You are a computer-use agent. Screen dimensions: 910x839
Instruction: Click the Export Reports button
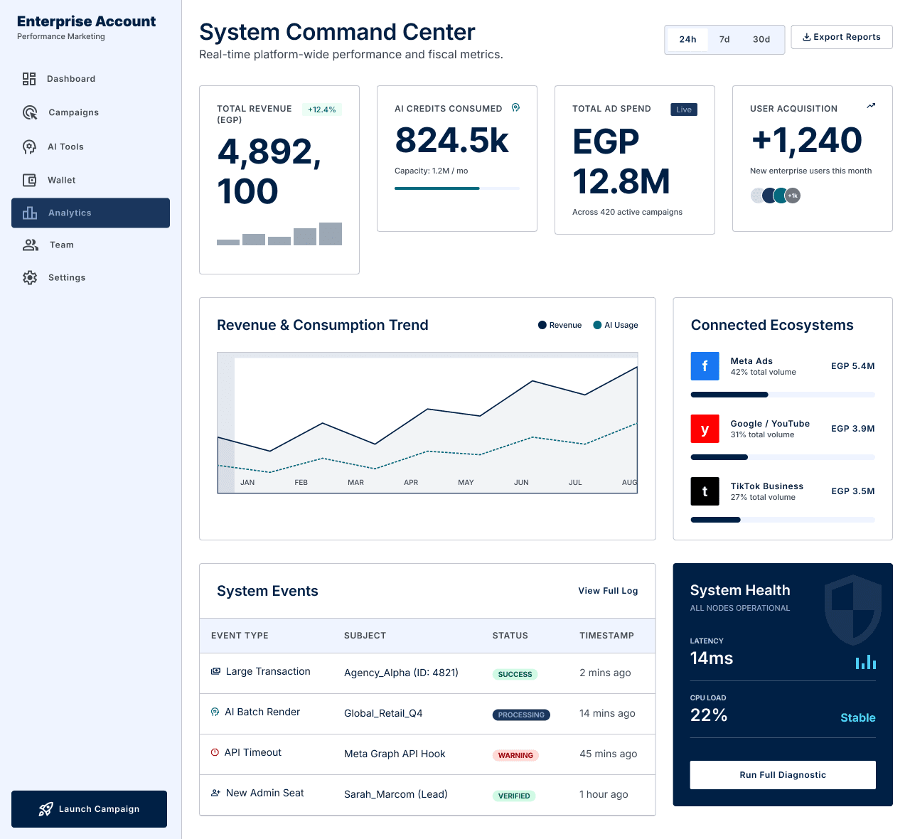tap(841, 37)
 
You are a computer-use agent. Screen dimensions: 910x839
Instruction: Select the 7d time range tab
tap(724, 39)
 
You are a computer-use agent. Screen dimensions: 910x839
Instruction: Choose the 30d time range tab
tap(761, 39)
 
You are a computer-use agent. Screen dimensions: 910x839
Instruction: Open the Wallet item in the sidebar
tap(61, 180)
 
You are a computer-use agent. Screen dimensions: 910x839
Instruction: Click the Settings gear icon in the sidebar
tap(30, 277)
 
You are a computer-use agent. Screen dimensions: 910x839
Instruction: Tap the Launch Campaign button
tap(90, 808)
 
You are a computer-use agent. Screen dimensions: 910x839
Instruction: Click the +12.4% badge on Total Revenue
tap(321, 109)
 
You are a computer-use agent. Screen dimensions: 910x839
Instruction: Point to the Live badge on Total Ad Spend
tap(684, 109)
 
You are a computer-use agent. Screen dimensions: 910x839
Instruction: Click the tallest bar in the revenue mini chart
tap(331, 234)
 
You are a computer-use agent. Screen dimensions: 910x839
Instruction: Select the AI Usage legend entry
tap(616, 325)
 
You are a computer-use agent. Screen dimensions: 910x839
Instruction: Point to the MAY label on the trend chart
tap(466, 482)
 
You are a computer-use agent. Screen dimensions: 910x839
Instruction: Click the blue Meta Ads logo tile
tap(705, 366)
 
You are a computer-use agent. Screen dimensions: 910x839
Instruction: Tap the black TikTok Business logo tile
tap(705, 491)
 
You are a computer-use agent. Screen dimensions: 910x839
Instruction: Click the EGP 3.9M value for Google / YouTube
tap(852, 429)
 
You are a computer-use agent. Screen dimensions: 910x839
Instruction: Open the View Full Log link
tap(608, 591)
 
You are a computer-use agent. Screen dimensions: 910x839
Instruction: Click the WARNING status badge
tap(515, 755)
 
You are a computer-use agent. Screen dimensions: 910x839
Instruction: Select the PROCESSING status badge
tap(521, 715)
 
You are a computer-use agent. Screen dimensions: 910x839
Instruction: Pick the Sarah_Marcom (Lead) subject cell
tap(395, 794)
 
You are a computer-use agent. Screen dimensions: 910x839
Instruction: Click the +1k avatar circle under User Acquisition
tap(793, 196)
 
